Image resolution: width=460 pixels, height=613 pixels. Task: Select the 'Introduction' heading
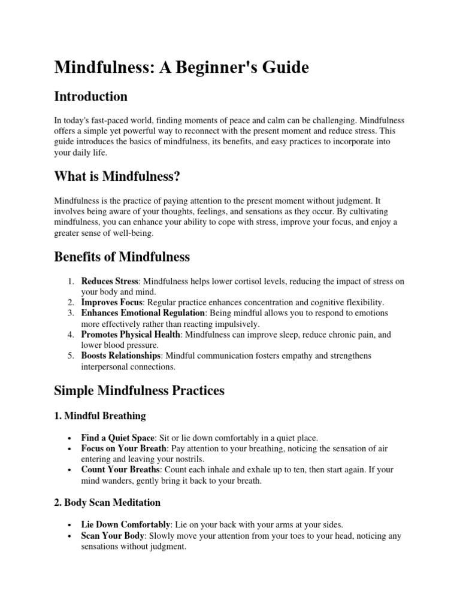tap(90, 96)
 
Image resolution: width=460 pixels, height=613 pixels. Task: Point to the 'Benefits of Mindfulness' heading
tap(122, 257)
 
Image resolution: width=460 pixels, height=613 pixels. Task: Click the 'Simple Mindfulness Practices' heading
tap(139, 390)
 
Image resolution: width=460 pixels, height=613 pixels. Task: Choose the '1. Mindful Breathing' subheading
tap(99, 415)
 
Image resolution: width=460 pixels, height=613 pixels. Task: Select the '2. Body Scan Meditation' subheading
tap(107, 502)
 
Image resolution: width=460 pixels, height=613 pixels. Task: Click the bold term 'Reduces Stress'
tap(110, 281)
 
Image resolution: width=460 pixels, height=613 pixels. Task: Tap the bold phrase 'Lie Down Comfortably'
tap(125, 524)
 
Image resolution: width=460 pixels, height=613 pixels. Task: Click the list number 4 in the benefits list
tap(70, 335)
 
